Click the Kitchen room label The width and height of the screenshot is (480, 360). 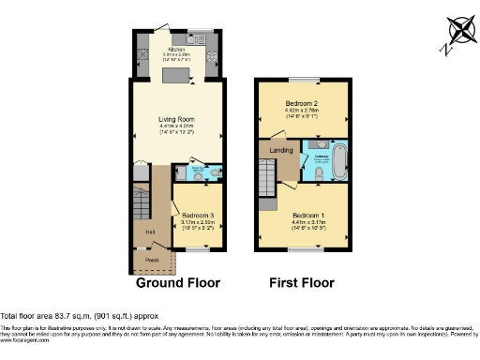tap(175, 50)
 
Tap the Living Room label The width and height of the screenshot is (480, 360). tap(175, 118)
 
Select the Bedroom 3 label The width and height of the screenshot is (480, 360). tap(197, 215)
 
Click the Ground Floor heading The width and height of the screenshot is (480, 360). tap(178, 282)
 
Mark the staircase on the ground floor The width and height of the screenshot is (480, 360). tap(142, 199)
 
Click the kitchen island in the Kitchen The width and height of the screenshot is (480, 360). tap(176, 73)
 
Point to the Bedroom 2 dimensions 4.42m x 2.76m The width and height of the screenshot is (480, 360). tap(304, 111)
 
